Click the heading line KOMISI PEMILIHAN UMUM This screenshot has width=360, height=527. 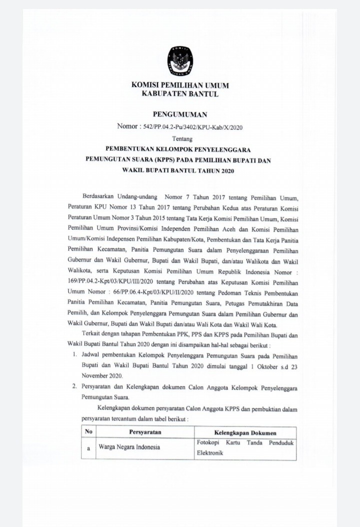point(179,85)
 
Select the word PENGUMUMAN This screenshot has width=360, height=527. point(179,115)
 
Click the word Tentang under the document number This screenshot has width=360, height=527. point(179,138)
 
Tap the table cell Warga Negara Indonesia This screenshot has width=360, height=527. point(125,447)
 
